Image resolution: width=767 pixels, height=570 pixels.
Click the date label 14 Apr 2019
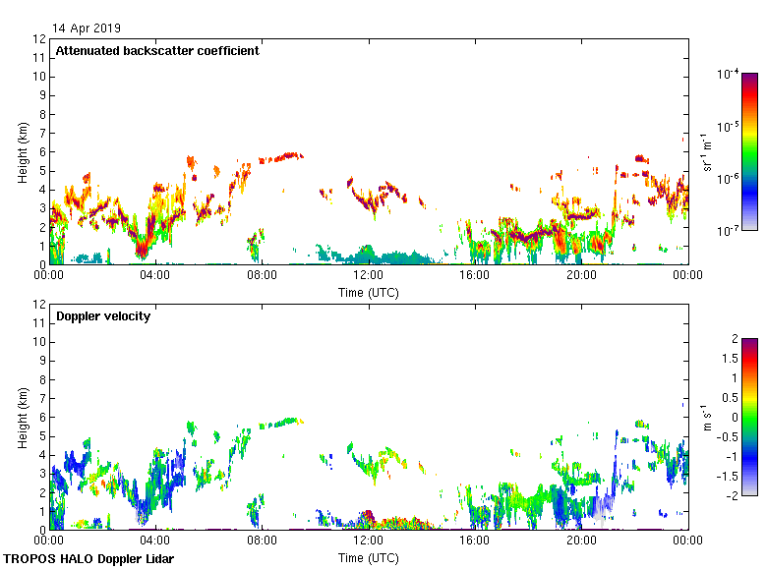coord(87,28)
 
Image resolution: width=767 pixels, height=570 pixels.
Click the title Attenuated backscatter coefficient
coord(157,51)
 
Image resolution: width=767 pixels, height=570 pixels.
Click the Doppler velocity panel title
coord(103,316)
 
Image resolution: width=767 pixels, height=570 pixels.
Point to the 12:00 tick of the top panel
coord(368,275)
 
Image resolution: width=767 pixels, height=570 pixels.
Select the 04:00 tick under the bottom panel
coord(155,541)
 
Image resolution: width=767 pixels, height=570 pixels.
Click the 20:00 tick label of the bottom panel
coord(581,541)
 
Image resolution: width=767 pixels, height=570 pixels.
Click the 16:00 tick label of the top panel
coord(475,275)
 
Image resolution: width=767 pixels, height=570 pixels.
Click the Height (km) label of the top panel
coord(22,151)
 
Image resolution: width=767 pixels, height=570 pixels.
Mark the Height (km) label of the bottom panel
coord(22,417)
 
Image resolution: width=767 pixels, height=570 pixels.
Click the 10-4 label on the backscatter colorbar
coord(728,74)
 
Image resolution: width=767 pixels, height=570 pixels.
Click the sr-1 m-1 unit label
coord(710,151)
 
